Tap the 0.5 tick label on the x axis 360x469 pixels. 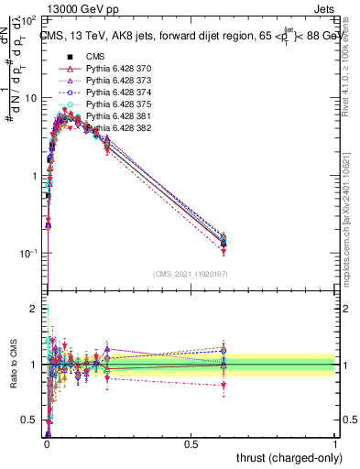click(x=191, y=443)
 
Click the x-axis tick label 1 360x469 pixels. click(x=335, y=443)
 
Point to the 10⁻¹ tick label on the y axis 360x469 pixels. click(x=28, y=254)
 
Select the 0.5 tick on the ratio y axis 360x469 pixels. click(x=30, y=420)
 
